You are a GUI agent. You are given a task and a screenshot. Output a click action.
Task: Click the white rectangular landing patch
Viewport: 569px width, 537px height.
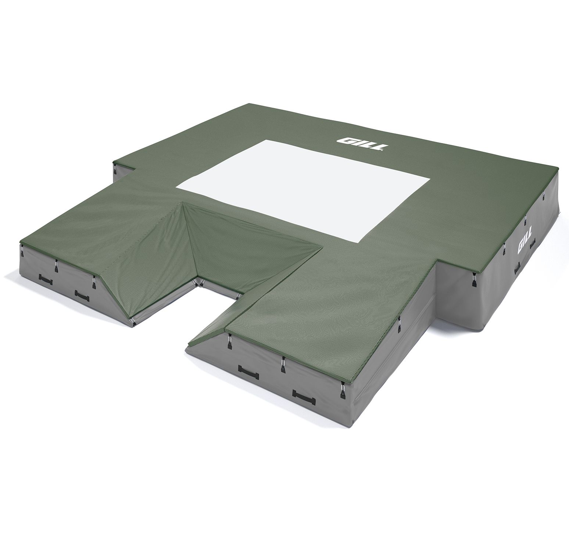(x=303, y=190)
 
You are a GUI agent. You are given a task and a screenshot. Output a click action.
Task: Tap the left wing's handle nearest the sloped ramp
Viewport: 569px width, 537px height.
(x=82, y=284)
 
